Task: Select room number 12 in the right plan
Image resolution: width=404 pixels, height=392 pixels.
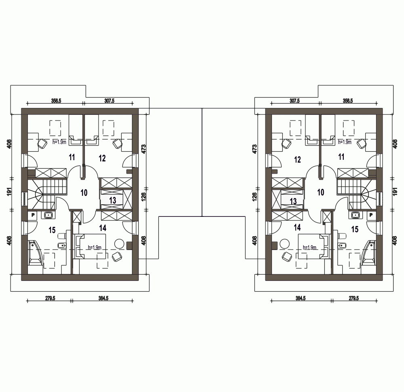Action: (x=298, y=160)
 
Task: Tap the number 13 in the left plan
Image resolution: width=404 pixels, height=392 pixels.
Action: (x=112, y=200)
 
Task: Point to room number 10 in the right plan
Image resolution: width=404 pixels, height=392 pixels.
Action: (x=320, y=193)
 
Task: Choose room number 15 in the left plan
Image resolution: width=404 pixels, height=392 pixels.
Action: (x=52, y=230)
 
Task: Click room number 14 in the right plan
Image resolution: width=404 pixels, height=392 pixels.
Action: (x=297, y=228)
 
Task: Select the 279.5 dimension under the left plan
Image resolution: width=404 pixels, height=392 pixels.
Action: (x=50, y=299)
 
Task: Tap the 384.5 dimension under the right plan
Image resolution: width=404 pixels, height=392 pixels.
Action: (x=301, y=299)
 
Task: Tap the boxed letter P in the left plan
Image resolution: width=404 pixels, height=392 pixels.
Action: (x=32, y=215)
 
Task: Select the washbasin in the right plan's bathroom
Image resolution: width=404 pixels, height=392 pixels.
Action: (x=356, y=215)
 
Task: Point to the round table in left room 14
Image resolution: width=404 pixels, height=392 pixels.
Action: (x=119, y=244)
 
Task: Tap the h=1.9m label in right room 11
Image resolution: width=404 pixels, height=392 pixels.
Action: (x=345, y=142)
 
